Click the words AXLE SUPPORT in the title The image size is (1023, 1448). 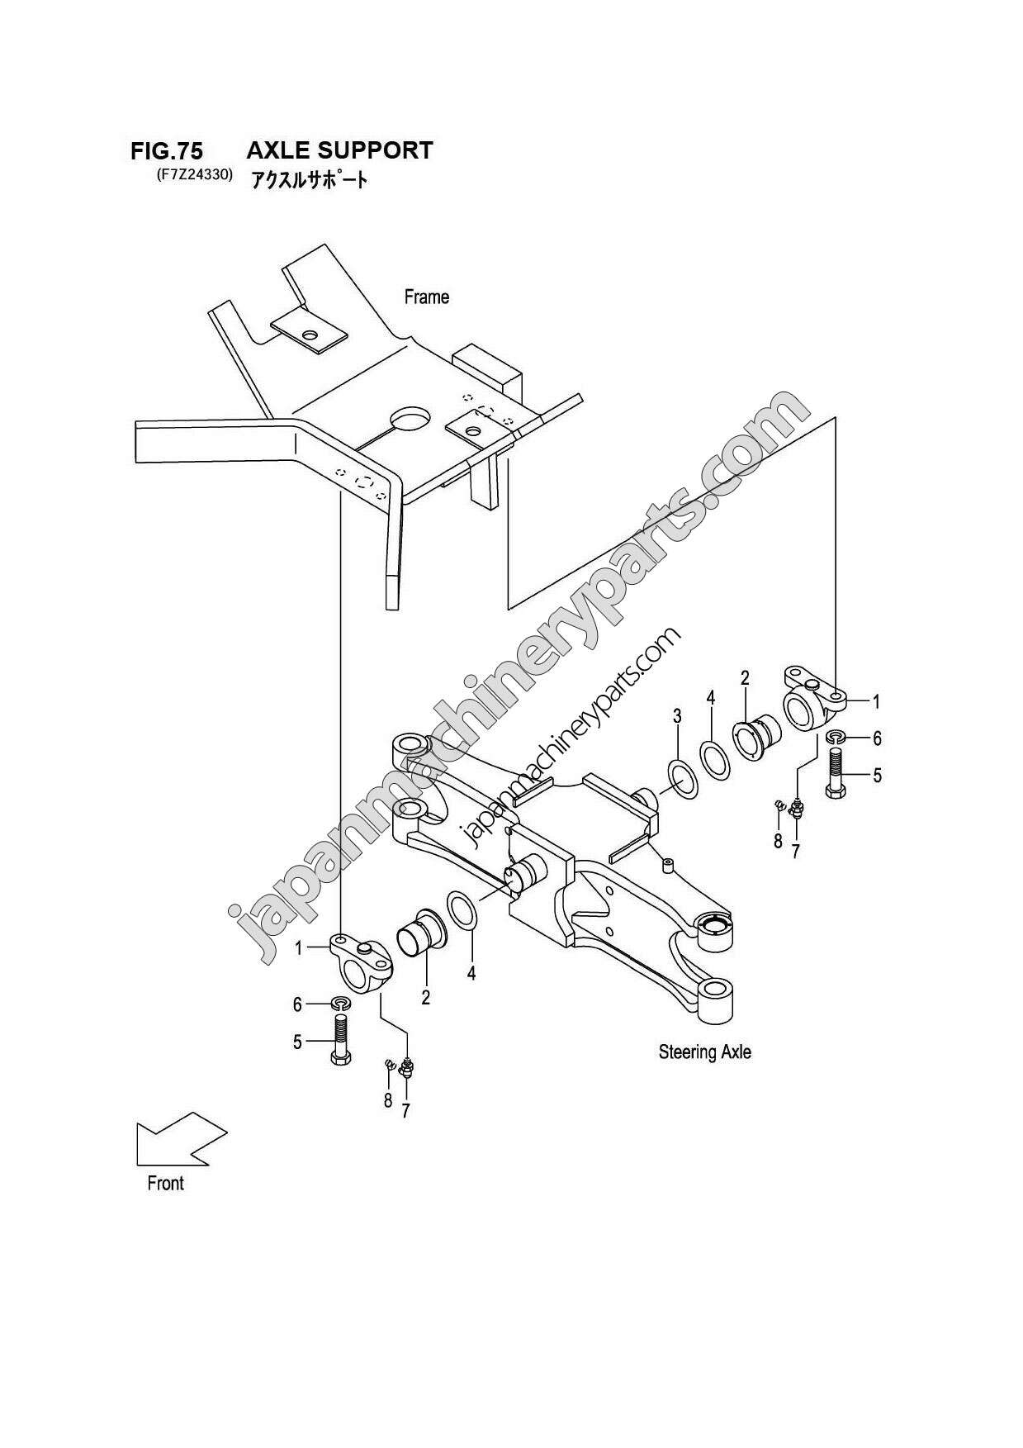(339, 150)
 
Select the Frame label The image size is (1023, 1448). (426, 297)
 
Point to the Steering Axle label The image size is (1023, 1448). (704, 1052)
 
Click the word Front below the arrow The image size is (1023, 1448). (165, 1183)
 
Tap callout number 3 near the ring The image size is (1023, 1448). (677, 715)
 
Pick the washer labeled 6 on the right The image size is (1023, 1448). (835, 737)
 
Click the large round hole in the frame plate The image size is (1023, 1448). (410, 419)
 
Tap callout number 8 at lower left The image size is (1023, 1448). (387, 1100)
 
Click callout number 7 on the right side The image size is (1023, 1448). (795, 851)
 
